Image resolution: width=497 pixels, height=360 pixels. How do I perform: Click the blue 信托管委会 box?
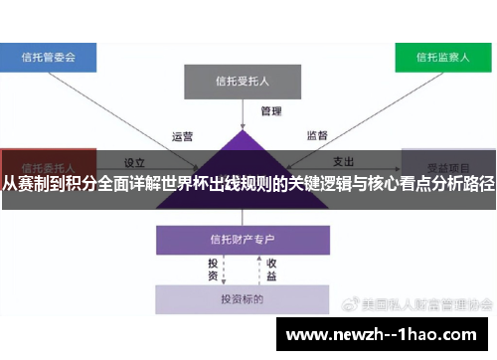tap(48, 57)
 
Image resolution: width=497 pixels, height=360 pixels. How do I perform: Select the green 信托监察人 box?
tap(444, 57)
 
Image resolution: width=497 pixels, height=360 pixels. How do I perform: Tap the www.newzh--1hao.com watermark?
tap(382, 335)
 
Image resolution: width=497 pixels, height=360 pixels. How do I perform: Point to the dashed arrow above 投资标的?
tap(257, 269)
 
